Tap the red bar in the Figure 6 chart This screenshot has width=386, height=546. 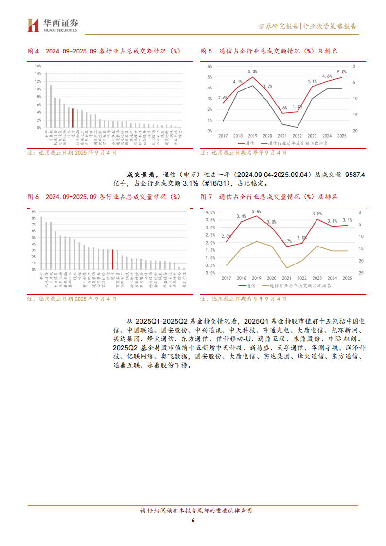(112, 260)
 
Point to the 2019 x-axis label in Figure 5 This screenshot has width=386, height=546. (252, 136)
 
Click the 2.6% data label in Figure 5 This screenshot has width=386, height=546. (223, 98)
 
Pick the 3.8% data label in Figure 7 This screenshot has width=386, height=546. (257, 212)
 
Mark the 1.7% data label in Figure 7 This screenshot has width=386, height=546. (287, 241)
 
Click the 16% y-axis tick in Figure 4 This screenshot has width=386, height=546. (38, 66)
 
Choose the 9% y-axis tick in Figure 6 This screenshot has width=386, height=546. (34, 211)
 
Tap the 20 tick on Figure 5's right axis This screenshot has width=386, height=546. (355, 131)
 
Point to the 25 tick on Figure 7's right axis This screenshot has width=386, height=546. (360, 273)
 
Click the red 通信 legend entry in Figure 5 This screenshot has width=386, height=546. (245, 143)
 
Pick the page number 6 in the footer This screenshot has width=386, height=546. (193, 520)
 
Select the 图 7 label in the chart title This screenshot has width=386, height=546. (207, 197)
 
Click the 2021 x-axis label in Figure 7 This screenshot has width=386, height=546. (287, 278)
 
